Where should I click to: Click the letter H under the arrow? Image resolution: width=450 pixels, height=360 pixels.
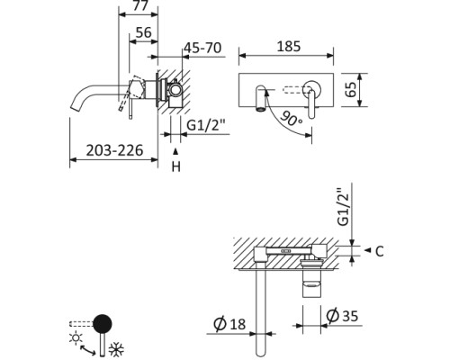pyautogui.click(x=176, y=167)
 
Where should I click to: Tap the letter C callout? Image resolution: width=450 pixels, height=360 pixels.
pyautogui.click(x=379, y=252)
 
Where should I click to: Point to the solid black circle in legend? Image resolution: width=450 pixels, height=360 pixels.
pyautogui.click(x=104, y=323)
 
